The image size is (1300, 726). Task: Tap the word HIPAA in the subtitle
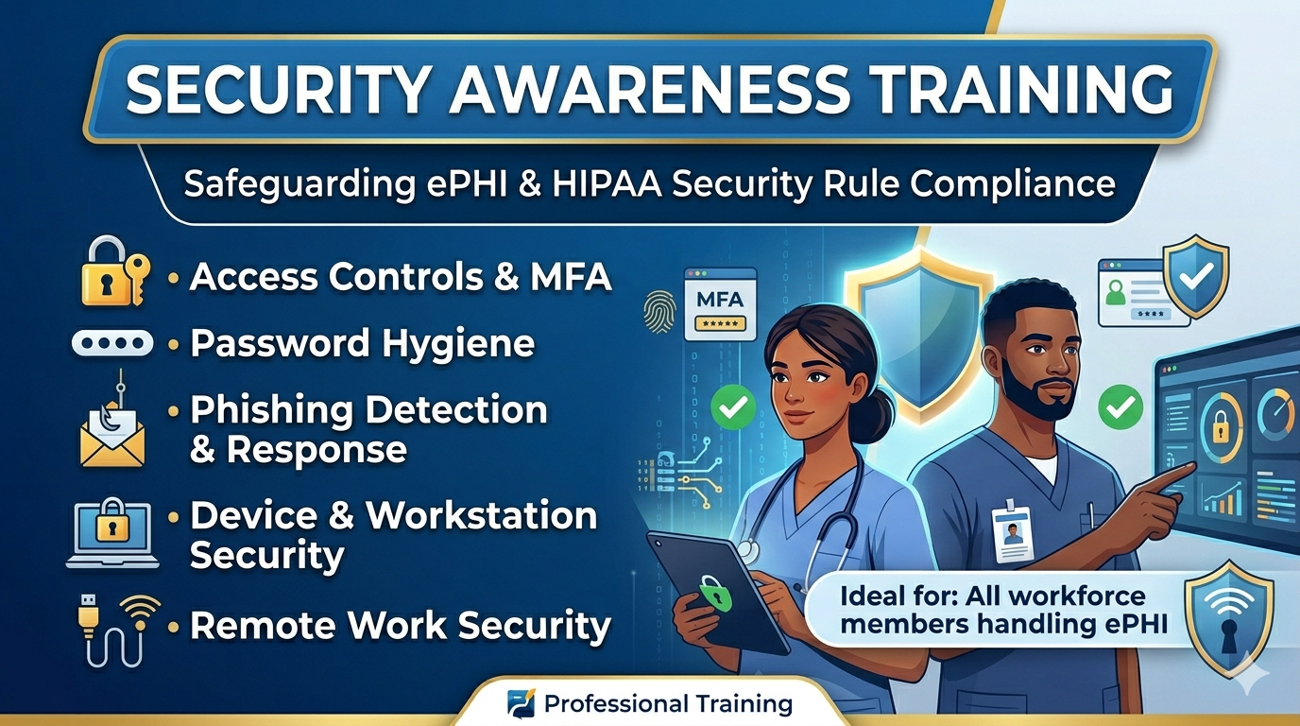[607, 184]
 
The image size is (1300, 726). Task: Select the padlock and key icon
[115, 272]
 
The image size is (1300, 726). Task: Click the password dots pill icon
[112, 342]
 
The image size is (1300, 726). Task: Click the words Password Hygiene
[362, 344]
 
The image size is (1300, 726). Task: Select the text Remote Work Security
[401, 626]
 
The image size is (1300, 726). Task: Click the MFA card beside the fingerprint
[720, 303]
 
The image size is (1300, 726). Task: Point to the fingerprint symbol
[660, 311]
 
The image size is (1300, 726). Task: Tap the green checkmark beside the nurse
[733, 407]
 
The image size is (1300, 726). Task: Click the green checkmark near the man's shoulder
[1120, 407]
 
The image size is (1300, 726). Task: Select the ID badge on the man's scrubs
[1013, 533]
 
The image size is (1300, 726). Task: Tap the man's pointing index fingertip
[1192, 465]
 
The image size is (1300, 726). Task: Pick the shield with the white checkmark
[1195, 276]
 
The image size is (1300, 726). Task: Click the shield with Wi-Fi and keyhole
[1228, 619]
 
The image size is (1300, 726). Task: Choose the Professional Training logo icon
[521, 704]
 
